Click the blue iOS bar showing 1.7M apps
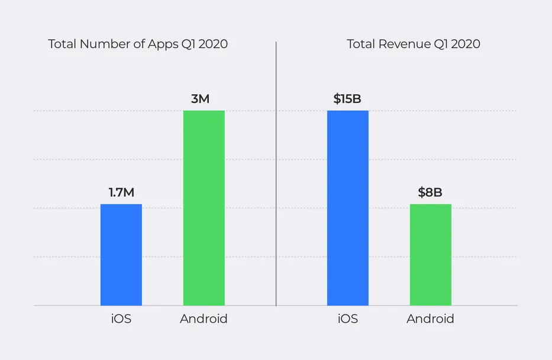click(121, 255)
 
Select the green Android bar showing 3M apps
click(204, 208)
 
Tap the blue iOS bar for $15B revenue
click(347, 208)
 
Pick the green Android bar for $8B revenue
click(430, 255)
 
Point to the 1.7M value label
click(121, 192)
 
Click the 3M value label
click(200, 99)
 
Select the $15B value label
click(347, 99)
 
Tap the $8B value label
click(430, 192)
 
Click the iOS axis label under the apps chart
click(121, 319)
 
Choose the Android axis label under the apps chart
click(204, 319)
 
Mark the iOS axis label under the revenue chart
click(347, 319)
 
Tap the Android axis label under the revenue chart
click(430, 319)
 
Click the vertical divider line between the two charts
click(276, 178)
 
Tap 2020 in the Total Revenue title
click(465, 44)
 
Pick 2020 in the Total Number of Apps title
click(212, 44)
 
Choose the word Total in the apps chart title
click(62, 44)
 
